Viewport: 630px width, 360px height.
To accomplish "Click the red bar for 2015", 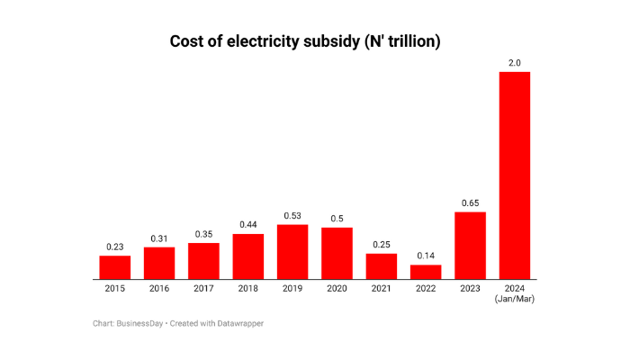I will (x=114, y=267).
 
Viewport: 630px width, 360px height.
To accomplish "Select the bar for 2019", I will (x=292, y=252).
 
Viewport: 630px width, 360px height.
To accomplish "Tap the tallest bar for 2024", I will (x=514, y=175).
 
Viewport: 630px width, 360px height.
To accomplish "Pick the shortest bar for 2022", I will (x=426, y=272).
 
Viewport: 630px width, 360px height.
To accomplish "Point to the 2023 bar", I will (x=470, y=246).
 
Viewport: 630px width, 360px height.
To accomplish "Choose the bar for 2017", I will (x=203, y=261).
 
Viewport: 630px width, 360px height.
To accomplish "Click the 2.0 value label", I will (x=514, y=62).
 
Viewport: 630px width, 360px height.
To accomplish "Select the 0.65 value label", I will (x=470, y=202).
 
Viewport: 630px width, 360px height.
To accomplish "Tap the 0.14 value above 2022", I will (x=426, y=256).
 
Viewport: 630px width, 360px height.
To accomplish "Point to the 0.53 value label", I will (x=292, y=215).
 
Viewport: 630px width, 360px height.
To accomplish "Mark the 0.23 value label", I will (x=114, y=247).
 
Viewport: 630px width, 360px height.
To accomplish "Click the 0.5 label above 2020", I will (x=337, y=218).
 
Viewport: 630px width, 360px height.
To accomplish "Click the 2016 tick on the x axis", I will (x=159, y=288).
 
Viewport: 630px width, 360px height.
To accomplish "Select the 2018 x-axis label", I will (x=248, y=288).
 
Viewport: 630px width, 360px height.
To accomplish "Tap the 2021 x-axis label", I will (x=382, y=288).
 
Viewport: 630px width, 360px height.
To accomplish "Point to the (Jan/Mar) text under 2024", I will (x=514, y=299).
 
